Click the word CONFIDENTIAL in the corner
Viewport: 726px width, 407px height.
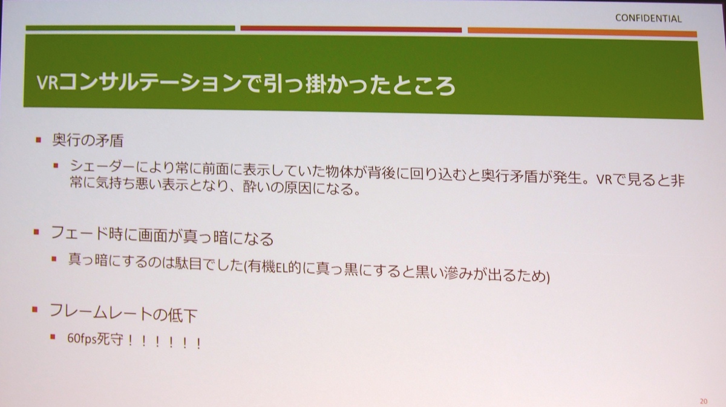[648, 19]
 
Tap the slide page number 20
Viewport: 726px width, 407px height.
[704, 401]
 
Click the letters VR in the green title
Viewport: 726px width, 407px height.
[47, 83]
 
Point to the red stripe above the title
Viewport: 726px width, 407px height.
[351, 29]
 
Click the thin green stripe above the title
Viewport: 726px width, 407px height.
[130, 28]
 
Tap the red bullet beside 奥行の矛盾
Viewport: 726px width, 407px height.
[39, 140]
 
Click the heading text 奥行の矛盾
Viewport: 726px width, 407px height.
[88, 141]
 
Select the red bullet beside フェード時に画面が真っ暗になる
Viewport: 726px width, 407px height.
[36, 232]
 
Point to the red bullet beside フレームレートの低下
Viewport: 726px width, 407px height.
[34, 309]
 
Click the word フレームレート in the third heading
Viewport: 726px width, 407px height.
[100, 311]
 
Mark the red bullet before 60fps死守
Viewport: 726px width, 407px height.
[53, 337]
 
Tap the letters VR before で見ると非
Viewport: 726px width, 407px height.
[604, 180]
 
